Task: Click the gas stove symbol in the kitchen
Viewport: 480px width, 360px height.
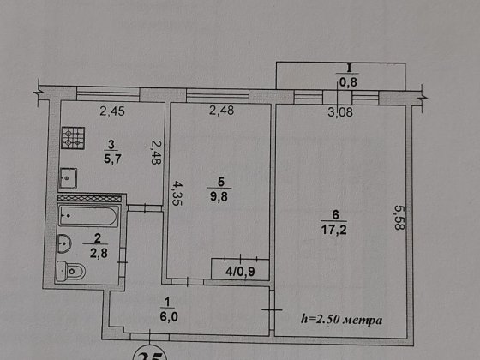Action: [x=73, y=138]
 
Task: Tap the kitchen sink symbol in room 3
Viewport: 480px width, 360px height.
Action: [x=68, y=178]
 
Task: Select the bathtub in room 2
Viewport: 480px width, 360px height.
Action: [x=88, y=216]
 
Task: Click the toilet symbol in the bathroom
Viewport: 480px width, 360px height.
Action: [x=70, y=271]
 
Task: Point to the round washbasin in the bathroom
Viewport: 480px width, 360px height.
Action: [x=63, y=244]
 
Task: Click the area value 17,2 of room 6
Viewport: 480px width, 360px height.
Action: [x=334, y=230]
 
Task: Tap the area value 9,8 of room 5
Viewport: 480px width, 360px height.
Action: [x=219, y=196]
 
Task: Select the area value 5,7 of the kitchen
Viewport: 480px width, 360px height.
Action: [x=112, y=159]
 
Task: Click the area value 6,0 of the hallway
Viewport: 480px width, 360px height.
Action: [x=169, y=316]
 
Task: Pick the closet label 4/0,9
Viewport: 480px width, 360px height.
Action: [x=240, y=271]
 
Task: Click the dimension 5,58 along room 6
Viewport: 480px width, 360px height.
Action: [x=399, y=217]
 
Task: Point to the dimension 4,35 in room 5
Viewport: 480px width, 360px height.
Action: [x=177, y=194]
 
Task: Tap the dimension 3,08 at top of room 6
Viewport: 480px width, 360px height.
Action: [x=340, y=112]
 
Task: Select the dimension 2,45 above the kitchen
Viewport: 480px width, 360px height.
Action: [x=112, y=111]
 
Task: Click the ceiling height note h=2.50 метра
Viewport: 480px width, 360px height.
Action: [x=342, y=320]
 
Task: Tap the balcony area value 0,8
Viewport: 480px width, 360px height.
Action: [x=348, y=82]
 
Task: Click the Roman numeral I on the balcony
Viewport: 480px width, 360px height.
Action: [x=348, y=68]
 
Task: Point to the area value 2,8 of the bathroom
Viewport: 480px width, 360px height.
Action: [x=99, y=254]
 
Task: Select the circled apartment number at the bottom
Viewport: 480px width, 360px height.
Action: [x=150, y=355]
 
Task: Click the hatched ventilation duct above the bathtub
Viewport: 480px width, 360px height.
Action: [x=89, y=198]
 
